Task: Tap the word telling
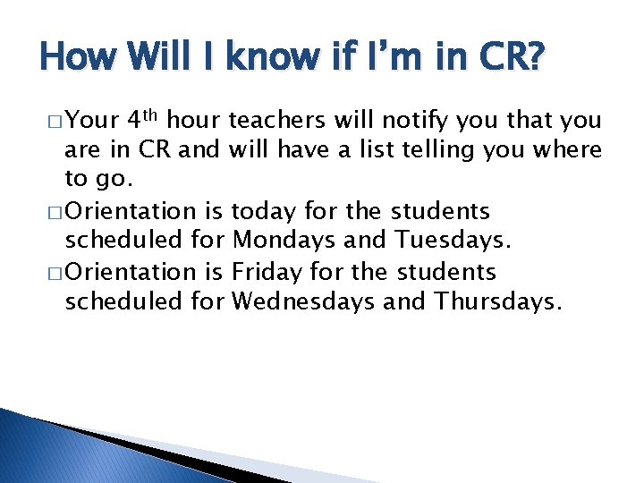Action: click(x=468, y=149)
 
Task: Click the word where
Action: click(x=569, y=149)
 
